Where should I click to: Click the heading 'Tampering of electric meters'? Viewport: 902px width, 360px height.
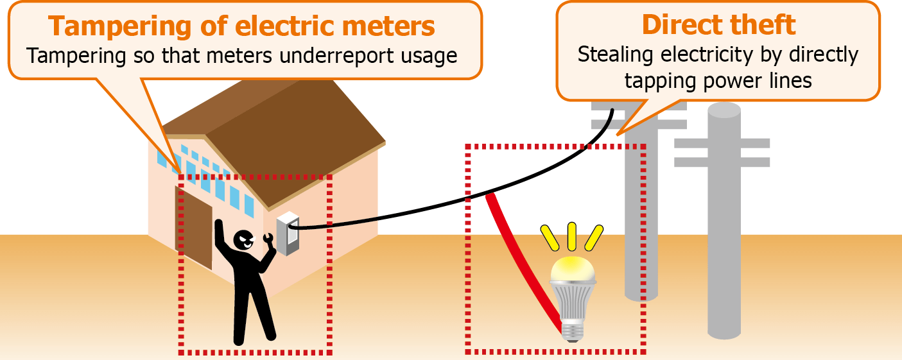241,27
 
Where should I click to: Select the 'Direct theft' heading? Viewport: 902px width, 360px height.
718,25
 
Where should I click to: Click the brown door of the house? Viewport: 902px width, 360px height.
193,228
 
